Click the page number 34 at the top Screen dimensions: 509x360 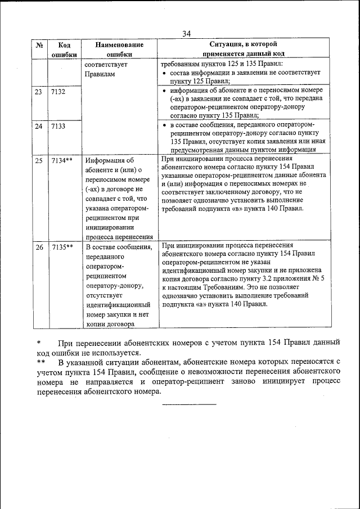coord(187,34)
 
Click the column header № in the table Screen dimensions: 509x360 coord(40,44)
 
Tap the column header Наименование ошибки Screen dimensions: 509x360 coord(119,49)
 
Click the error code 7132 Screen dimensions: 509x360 coord(58,92)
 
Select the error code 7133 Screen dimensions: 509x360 coord(58,127)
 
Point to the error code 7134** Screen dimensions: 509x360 coord(62,161)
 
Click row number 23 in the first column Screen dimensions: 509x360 coord(39,92)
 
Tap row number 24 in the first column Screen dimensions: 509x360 coord(39,127)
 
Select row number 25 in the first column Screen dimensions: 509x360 coord(39,161)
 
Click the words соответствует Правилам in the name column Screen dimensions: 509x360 coord(106,69)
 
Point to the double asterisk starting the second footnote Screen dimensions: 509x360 coord(41,362)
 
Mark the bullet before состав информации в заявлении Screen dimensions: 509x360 coord(163,73)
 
